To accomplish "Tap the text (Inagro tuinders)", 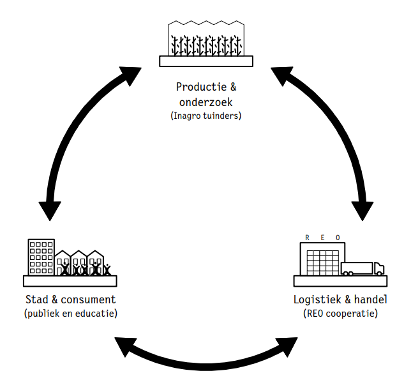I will tap(206, 116).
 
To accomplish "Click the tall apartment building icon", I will tap(41, 257).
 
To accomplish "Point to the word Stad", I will tap(36, 299).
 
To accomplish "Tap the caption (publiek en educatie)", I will tap(70, 314).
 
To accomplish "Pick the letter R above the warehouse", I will tap(307, 238).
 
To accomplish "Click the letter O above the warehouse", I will tap(338, 238).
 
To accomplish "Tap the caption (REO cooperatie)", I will tap(340, 314).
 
